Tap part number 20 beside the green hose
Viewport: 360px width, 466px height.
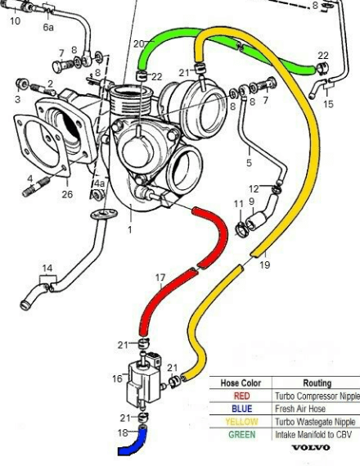click(139, 43)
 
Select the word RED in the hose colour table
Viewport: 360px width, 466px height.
click(242, 396)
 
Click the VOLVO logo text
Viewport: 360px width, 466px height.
click(311, 448)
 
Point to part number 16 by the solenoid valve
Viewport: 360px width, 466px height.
click(118, 378)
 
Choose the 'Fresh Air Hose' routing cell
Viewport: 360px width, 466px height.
click(300, 409)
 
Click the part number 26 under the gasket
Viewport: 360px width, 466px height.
click(67, 194)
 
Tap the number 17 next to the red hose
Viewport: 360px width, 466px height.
click(160, 278)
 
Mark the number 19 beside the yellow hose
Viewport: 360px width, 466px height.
click(265, 265)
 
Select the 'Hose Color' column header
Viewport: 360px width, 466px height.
click(241, 383)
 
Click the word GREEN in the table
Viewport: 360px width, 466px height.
click(242, 435)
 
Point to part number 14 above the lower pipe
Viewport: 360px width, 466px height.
click(47, 268)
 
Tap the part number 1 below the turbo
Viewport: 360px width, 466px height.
click(130, 230)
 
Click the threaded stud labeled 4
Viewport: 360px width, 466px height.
click(35, 188)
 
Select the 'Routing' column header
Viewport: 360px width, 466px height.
click(317, 383)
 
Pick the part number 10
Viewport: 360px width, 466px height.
click(15, 21)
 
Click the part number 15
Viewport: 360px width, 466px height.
click(328, 104)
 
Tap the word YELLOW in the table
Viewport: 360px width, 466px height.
click(241, 422)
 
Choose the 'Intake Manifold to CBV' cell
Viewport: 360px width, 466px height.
click(313, 435)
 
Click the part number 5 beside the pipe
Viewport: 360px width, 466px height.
click(249, 162)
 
